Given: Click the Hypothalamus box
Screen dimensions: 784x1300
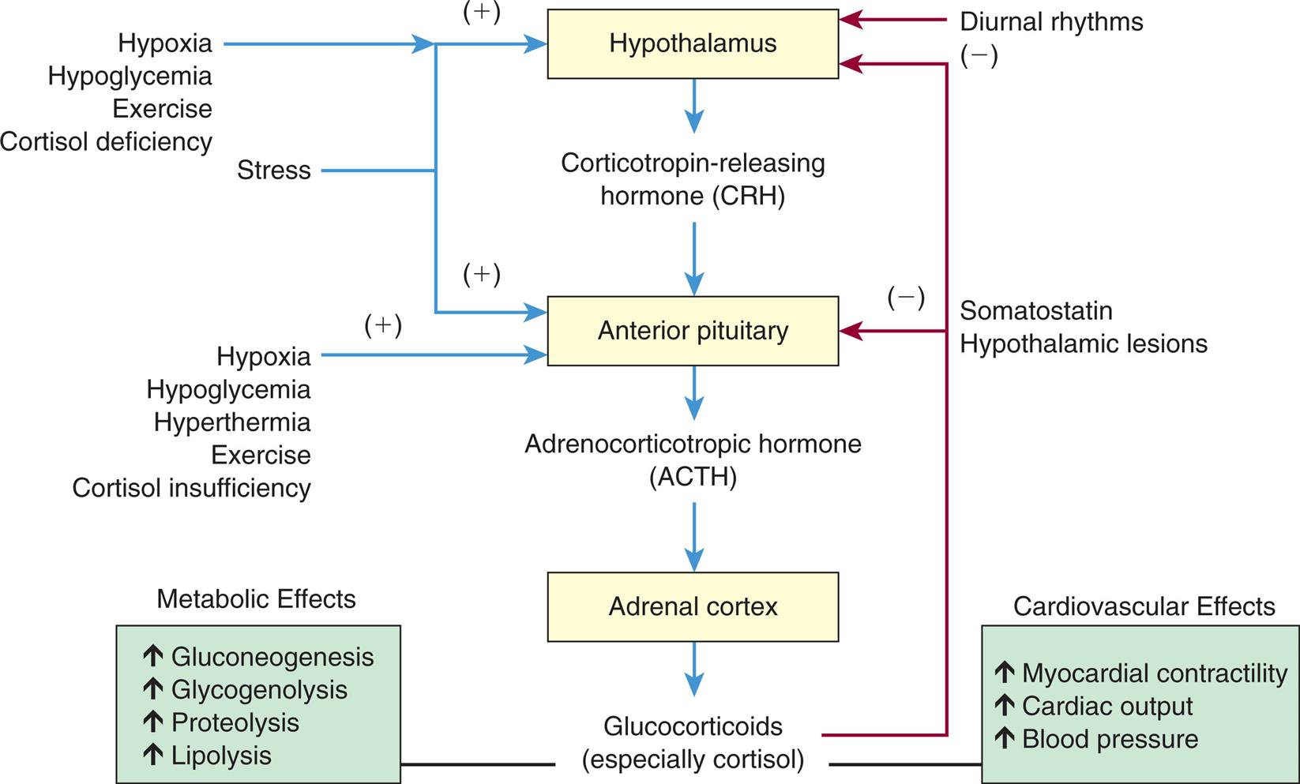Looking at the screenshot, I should click(693, 44).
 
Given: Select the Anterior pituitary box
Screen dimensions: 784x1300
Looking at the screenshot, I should click(693, 331).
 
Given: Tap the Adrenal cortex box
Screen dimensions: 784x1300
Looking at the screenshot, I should click(693, 606).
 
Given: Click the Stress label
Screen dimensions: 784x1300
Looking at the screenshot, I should click(274, 171).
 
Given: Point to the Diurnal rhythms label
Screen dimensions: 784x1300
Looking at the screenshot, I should click(1051, 22).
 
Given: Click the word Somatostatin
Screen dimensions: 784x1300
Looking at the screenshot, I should click(1035, 311).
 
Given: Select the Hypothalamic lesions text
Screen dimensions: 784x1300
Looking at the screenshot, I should click(1083, 344).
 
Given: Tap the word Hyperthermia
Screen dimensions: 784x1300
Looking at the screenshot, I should click(231, 422).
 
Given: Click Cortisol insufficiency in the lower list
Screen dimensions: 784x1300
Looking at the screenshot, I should click(191, 488).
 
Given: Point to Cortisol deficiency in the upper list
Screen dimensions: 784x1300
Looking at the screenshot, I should click(106, 142).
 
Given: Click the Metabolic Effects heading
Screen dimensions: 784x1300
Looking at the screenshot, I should click(256, 599).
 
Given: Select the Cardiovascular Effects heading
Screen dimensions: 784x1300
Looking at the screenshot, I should click(1144, 606).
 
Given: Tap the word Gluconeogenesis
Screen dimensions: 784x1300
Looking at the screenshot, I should click(272, 657).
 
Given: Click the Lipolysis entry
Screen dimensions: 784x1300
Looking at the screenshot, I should click(221, 756).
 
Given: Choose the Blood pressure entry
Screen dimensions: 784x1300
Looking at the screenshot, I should click(1110, 740).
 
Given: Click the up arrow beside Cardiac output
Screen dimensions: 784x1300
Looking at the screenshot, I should click(1004, 705).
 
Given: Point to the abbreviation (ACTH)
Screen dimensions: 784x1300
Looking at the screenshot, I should click(693, 478).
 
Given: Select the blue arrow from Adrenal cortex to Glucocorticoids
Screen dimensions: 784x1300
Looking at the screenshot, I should click(693, 668).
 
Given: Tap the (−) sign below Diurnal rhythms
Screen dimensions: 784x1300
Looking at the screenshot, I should click(979, 56).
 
